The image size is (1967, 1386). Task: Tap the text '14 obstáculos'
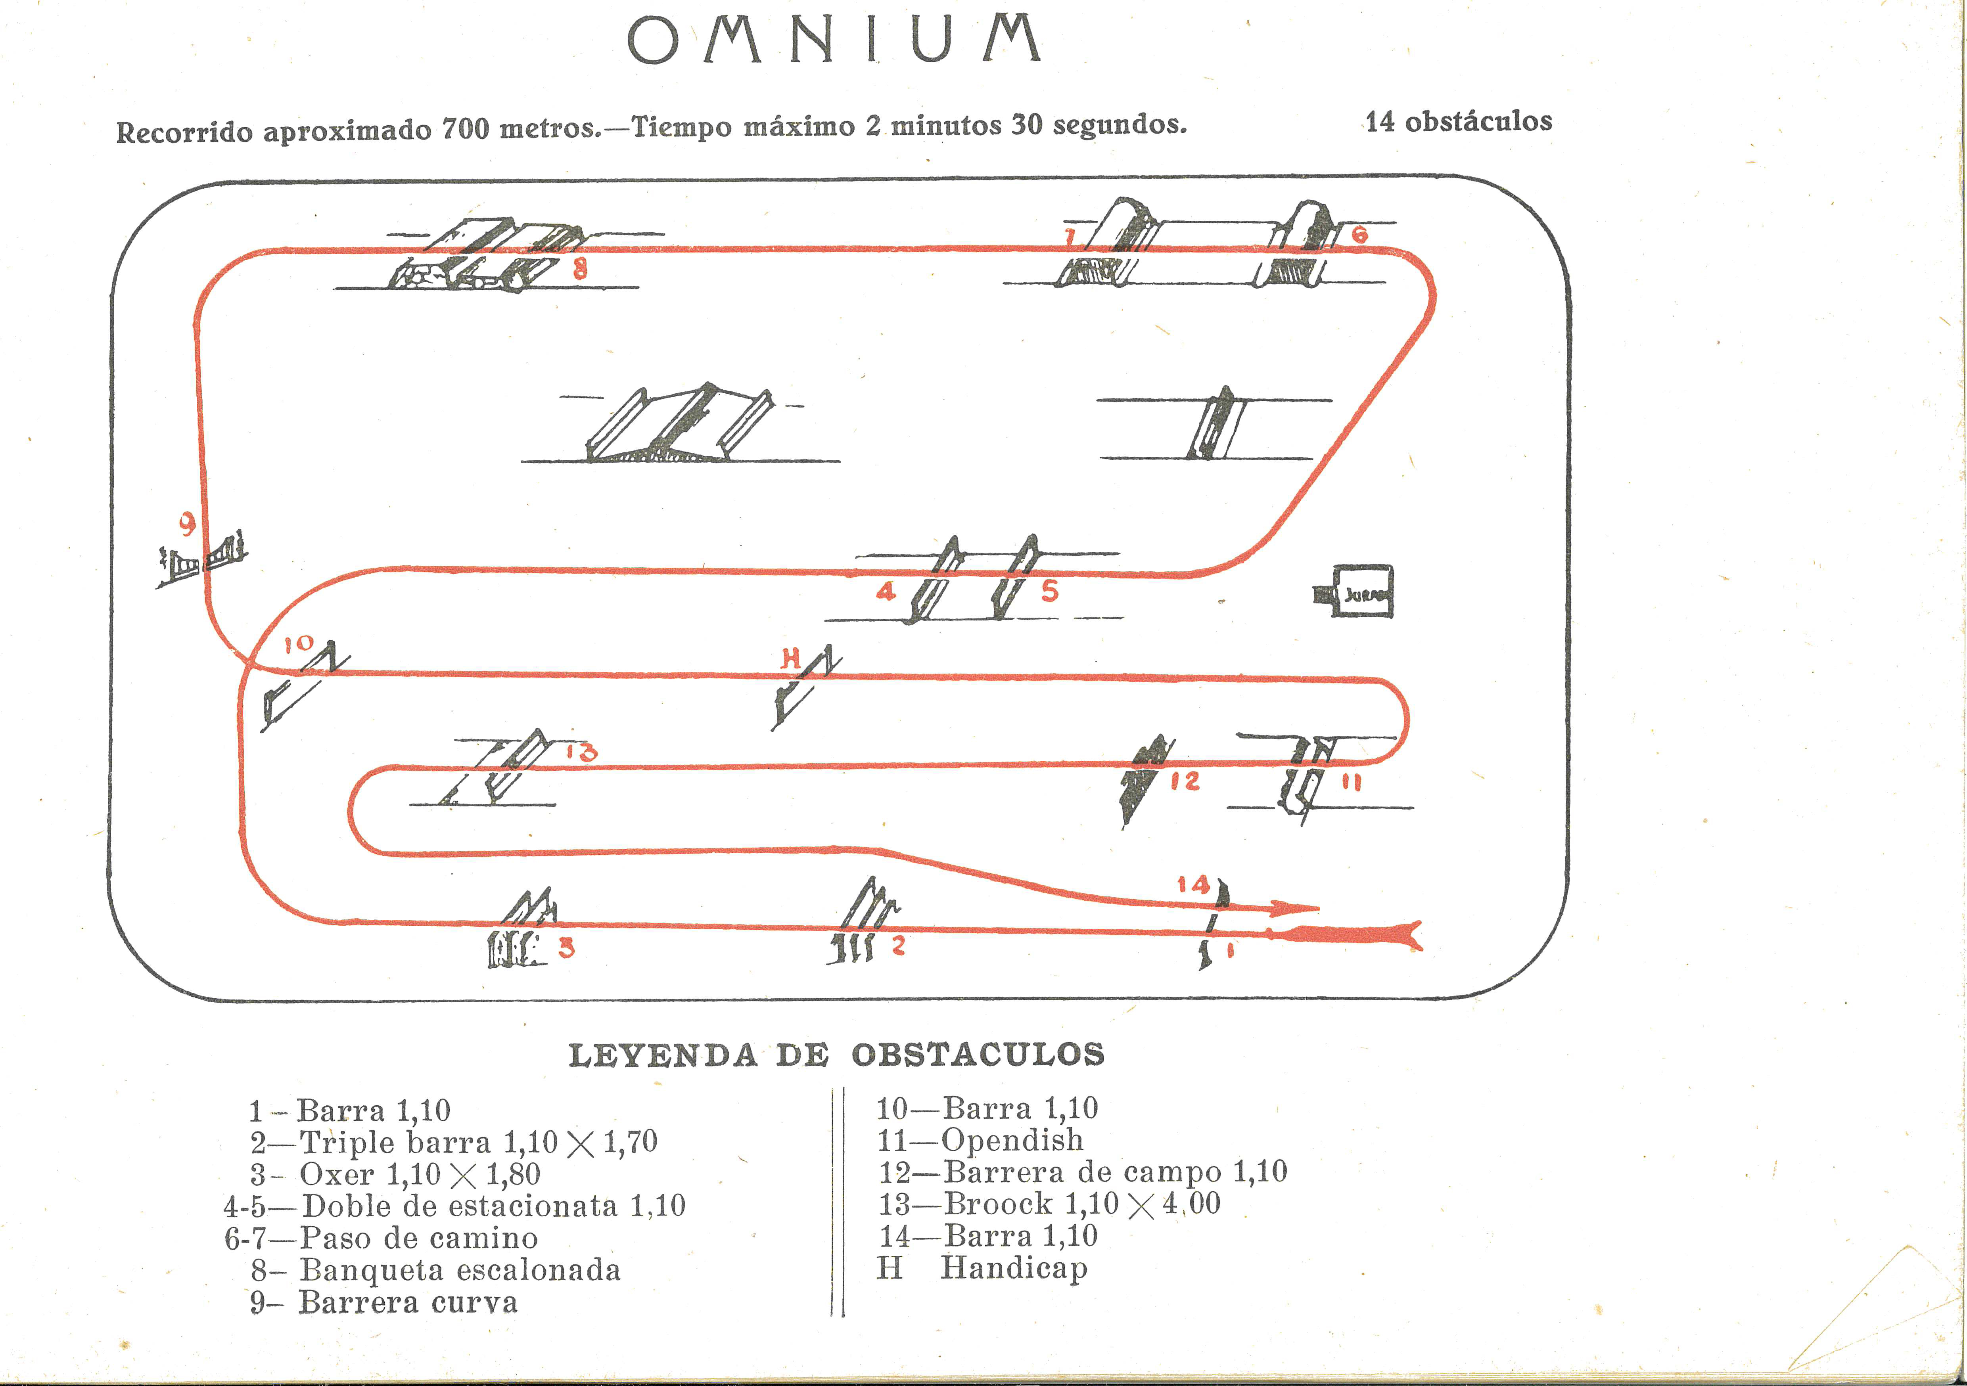(x=1458, y=122)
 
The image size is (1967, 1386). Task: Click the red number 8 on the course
(x=580, y=269)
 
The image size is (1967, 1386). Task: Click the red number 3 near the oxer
(x=566, y=948)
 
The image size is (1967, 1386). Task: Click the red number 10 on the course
(x=299, y=644)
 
